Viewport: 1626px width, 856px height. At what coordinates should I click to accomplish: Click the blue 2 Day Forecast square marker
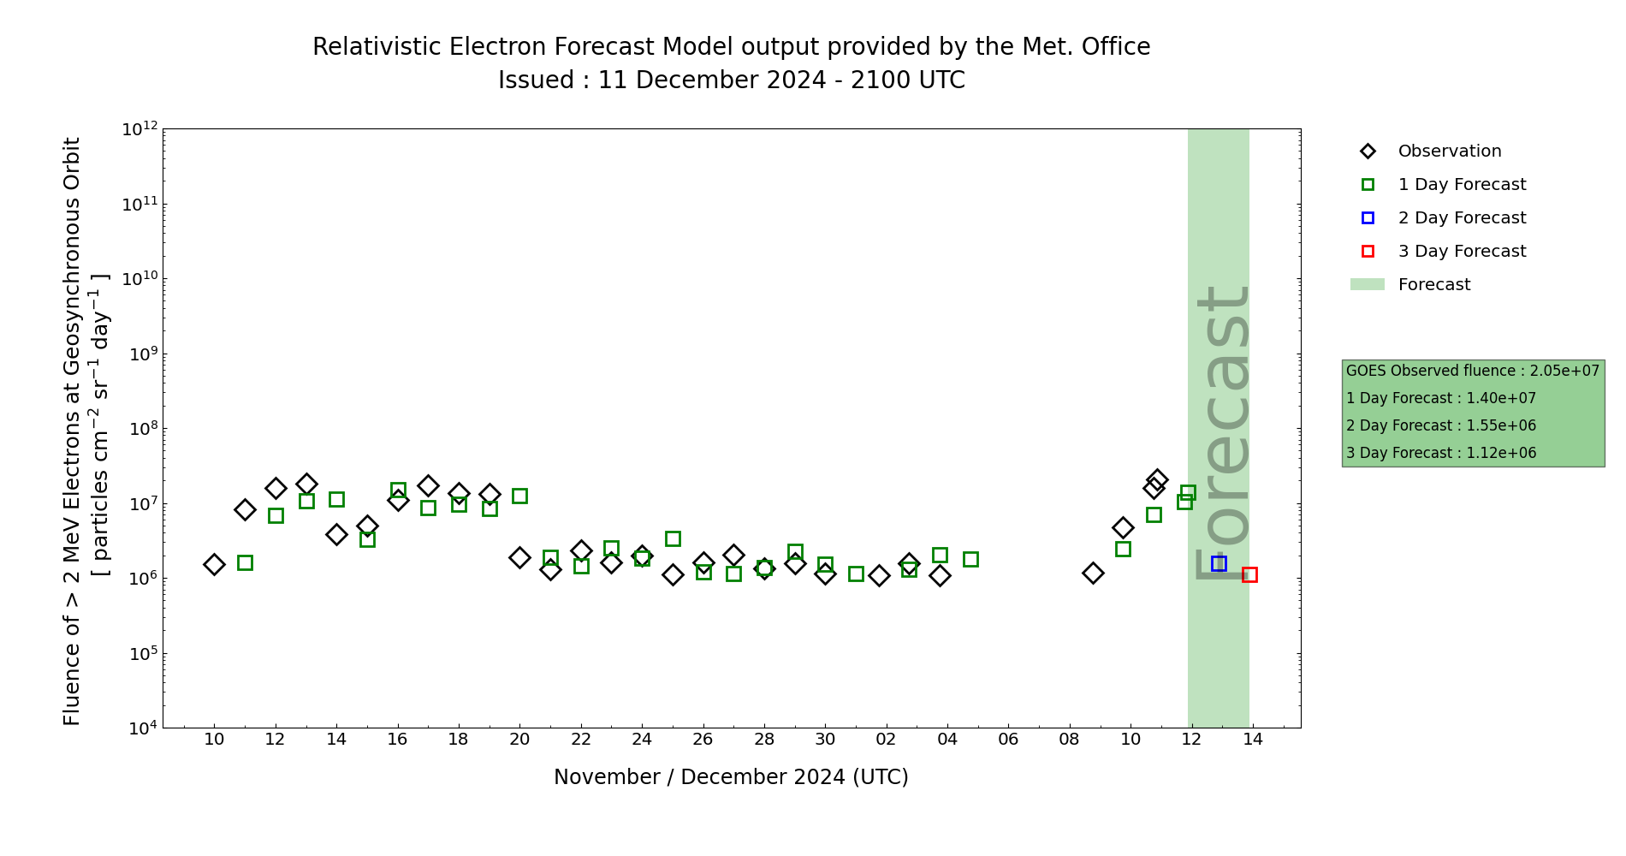point(1219,563)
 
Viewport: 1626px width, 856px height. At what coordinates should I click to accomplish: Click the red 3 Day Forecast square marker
point(1249,574)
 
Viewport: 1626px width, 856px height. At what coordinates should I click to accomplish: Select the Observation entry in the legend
point(1449,152)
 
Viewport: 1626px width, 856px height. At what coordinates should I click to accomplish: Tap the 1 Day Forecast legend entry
point(1462,185)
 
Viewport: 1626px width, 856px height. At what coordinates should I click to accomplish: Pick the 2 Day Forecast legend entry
point(1462,218)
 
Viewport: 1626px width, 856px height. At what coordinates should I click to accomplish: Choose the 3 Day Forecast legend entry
point(1462,252)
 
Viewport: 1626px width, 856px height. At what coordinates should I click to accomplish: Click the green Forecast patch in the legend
point(1368,285)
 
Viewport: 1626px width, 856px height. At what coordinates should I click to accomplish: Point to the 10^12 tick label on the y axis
point(139,129)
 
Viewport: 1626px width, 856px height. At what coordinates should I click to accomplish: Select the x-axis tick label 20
point(519,740)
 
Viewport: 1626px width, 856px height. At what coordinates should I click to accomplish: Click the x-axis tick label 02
point(886,740)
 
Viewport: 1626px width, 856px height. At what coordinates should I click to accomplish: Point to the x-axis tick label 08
point(1069,740)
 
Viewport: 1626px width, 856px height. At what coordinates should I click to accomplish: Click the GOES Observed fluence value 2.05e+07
point(1564,372)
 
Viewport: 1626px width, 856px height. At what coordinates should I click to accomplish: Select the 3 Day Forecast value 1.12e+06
point(1501,454)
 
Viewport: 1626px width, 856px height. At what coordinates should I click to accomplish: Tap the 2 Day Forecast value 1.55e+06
point(1501,426)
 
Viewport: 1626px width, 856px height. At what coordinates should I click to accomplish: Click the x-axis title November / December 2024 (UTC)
point(731,777)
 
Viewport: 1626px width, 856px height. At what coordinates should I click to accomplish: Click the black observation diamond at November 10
point(214,564)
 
